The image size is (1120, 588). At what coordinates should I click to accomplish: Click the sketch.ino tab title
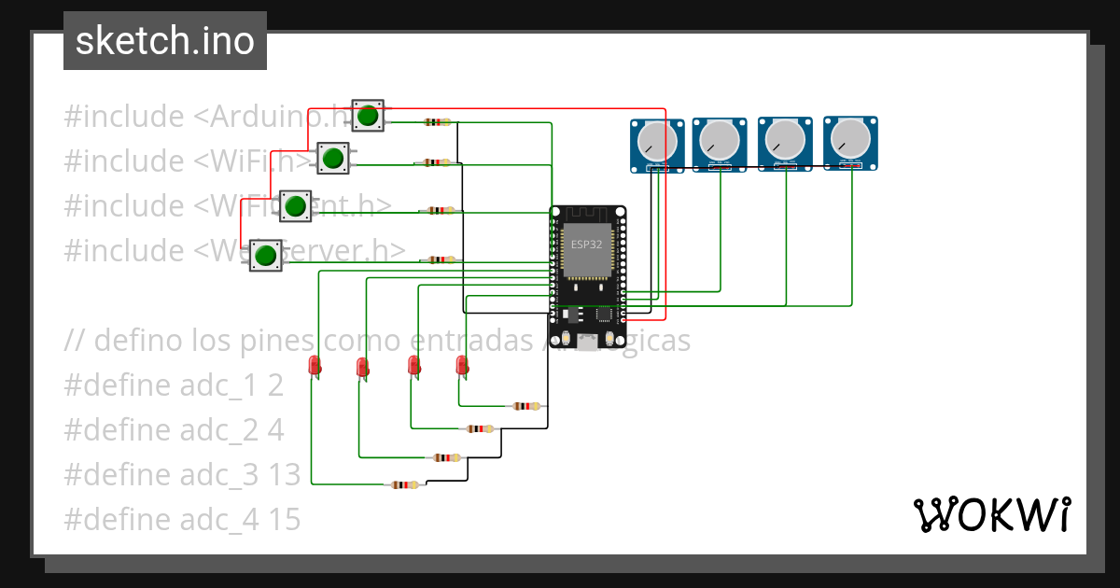[x=164, y=41]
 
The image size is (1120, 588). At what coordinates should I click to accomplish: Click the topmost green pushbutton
[x=368, y=116]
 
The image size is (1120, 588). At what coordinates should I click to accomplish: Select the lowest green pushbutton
[x=266, y=255]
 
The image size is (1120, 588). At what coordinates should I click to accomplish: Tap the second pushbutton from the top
[x=332, y=159]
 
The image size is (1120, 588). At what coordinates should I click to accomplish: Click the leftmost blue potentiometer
[x=657, y=144]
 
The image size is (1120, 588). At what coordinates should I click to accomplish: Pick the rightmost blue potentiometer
[x=849, y=142]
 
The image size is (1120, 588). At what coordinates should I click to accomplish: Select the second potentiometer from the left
[x=720, y=143]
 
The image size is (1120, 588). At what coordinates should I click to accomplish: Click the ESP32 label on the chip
[x=587, y=244]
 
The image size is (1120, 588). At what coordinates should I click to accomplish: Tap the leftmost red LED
[x=315, y=365]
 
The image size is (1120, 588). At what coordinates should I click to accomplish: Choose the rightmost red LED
[x=461, y=365]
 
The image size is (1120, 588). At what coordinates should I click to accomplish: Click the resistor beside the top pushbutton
[x=436, y=122]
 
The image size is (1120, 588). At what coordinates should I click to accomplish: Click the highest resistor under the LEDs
[x=526, y=406]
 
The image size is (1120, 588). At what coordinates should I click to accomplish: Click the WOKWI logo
[x=990, y=514]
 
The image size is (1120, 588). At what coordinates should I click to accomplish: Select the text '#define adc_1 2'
[x=174, y=385]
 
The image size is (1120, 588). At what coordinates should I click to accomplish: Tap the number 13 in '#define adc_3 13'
[x=286, y=475]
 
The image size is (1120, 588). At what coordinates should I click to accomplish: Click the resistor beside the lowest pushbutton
[x=439, y=260]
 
